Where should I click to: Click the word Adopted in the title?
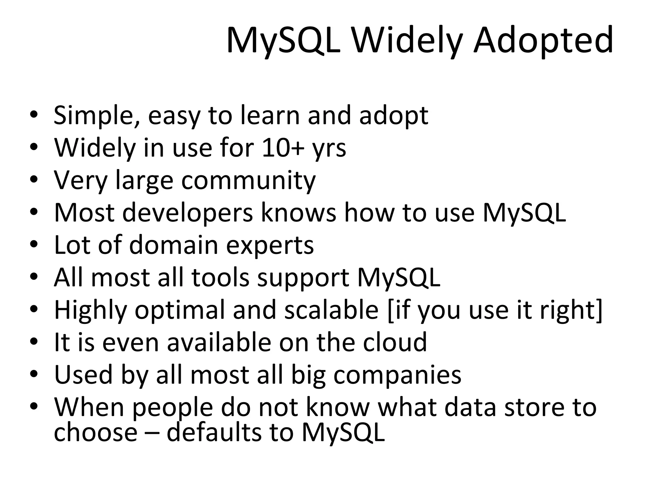click(543, 40)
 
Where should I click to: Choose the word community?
click(248, 181)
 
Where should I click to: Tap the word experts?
click(270, 246)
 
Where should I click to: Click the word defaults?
click(214, 432)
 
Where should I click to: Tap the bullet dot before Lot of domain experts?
click(34, 244)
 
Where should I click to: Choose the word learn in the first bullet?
click(270, 115)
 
